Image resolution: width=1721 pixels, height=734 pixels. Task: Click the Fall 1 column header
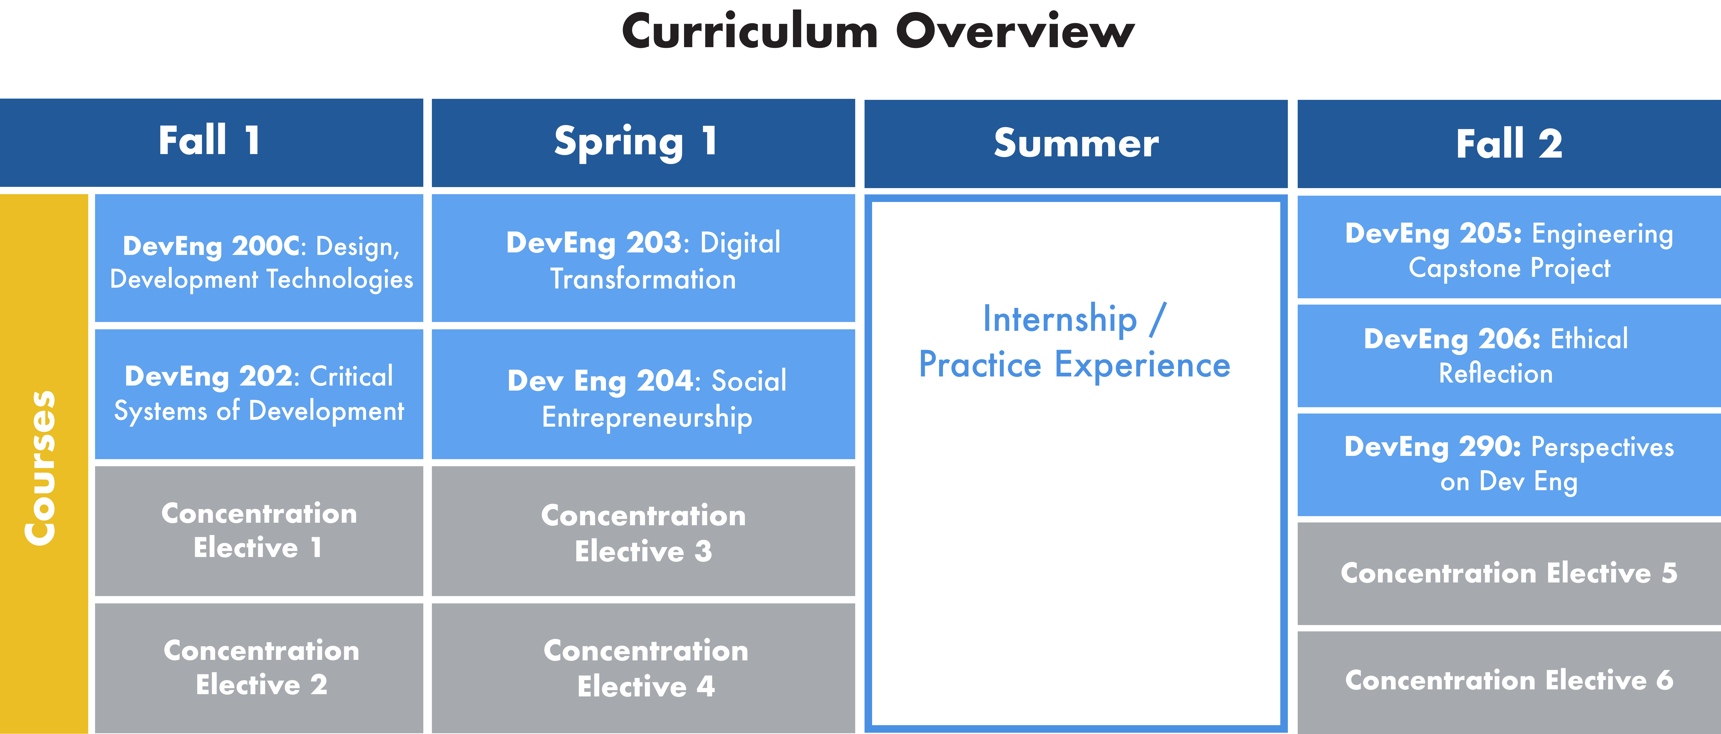pyautogui.click(x=211, y=143)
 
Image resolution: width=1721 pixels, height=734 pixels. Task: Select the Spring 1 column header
pyautogui.click(x=643, y=143)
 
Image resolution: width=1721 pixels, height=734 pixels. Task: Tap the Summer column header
pyautogui.click(x=1076, y=143)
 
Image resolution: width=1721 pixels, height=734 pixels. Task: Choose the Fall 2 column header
pyautogui.click(x=1509, y=143)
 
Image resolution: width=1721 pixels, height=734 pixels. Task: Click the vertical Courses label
pyautogui.click(x=41, y=467)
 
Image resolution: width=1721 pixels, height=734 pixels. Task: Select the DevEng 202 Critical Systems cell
pyautogui.click(x=259, y=394)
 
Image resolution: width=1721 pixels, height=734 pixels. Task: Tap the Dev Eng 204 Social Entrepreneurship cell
pyautogui.click(x=643, y=394)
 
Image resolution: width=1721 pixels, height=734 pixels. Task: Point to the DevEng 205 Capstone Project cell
pyautogui.click(x=1509, y=247)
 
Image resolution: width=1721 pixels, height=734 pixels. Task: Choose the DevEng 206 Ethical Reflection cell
pyautogui.click(x=1509, y=356)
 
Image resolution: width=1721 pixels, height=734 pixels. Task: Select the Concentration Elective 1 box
pyautogui.click(x=259, y=531)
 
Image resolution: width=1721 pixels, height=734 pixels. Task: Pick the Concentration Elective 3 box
pyautogui.click(x=643, y=531)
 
